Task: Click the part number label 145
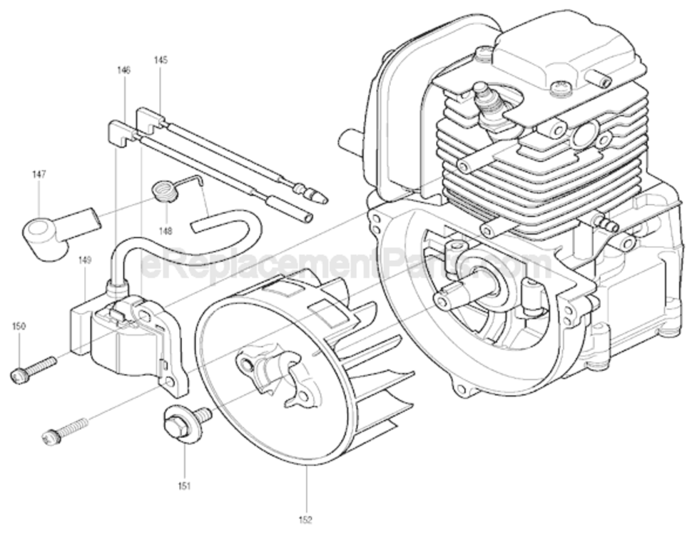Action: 161,61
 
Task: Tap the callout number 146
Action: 124,70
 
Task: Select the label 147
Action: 39,173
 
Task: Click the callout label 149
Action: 85,260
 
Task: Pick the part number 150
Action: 19,326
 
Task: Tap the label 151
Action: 185,486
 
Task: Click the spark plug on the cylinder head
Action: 489,103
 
